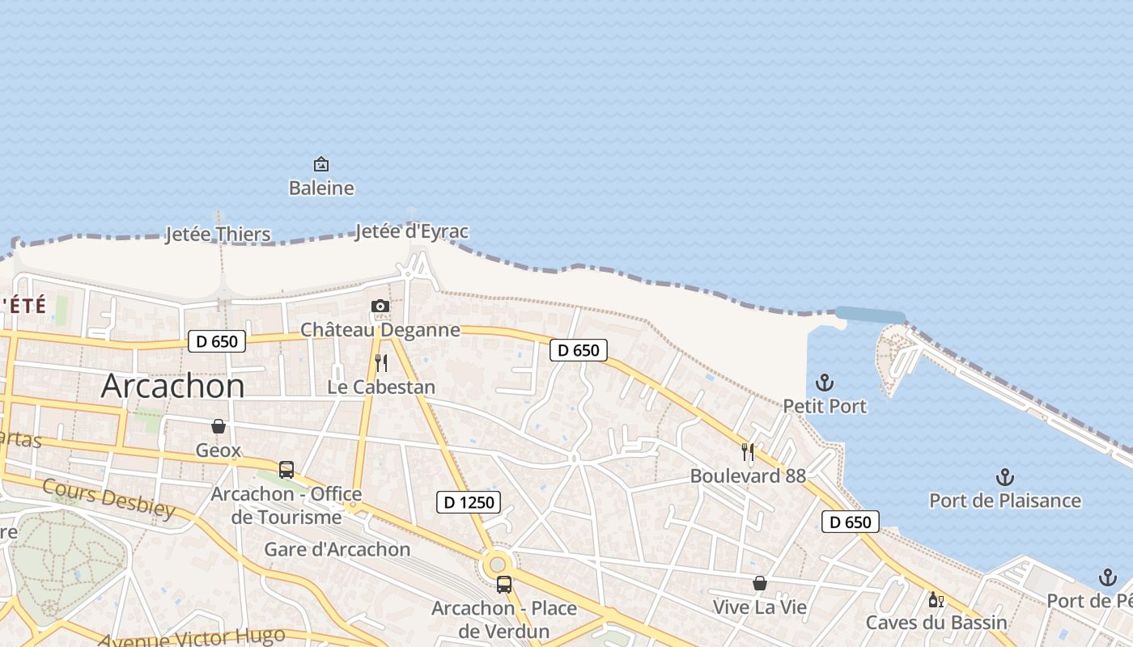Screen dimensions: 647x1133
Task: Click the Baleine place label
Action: click(x=321, y=188)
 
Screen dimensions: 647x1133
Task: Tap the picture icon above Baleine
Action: click(x=321, y=165)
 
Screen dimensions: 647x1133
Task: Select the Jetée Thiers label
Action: click(x=218, y=235)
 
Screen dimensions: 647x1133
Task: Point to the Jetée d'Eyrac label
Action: click(x=412, y=232)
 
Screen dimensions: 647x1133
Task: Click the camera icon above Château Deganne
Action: click(x=380, y=306)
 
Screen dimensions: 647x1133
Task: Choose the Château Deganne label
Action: click(x=380, y=330)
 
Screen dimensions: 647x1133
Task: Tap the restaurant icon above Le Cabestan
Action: click(x=381, y=363)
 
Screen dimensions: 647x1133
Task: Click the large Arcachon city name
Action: click(x=172, y=387)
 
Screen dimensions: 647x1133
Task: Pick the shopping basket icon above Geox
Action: click(x=219, y=426)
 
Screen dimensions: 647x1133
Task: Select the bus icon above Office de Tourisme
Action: click(x=286, y=470)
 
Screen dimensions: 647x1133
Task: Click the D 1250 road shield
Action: click(x=469, y=502)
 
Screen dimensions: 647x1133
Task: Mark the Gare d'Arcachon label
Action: click(x=337, y=550)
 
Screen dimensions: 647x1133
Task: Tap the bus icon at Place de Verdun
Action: click(x=504, y=584)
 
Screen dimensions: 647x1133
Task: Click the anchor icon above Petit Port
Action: click(x=825, y=383)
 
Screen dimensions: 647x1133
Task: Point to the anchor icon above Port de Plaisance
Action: click(x=1005, y=477)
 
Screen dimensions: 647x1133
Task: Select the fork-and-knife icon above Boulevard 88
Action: click(x=748, y=452)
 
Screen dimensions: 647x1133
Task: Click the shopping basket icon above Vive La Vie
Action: click(x=760, y=583)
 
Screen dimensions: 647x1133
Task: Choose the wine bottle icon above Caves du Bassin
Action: click(x=936, y=599)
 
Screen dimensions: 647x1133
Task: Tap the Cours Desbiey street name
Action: click(x=108, y=497)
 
